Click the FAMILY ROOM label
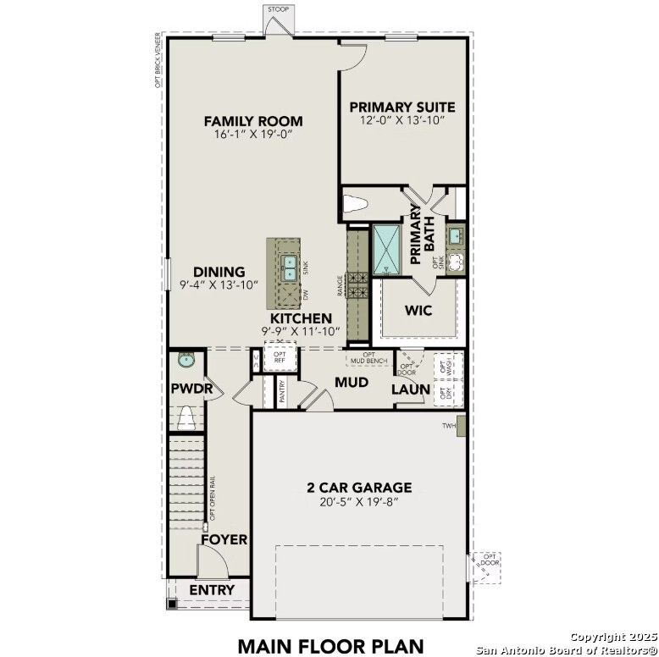[252, 121]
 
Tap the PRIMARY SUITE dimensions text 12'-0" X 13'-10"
[402, 121]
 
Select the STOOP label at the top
[278, 9]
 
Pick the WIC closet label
[418, 311]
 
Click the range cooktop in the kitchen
[356, 284]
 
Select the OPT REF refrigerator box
[279, 357]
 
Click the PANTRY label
[282, 390]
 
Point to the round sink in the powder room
[186, 361]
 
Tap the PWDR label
[186, 389]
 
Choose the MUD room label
[351, 383]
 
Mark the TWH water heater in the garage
[460, 425]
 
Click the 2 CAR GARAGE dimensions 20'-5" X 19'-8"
[359, 501]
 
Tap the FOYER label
[224, 539]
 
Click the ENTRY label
[212, 589]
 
